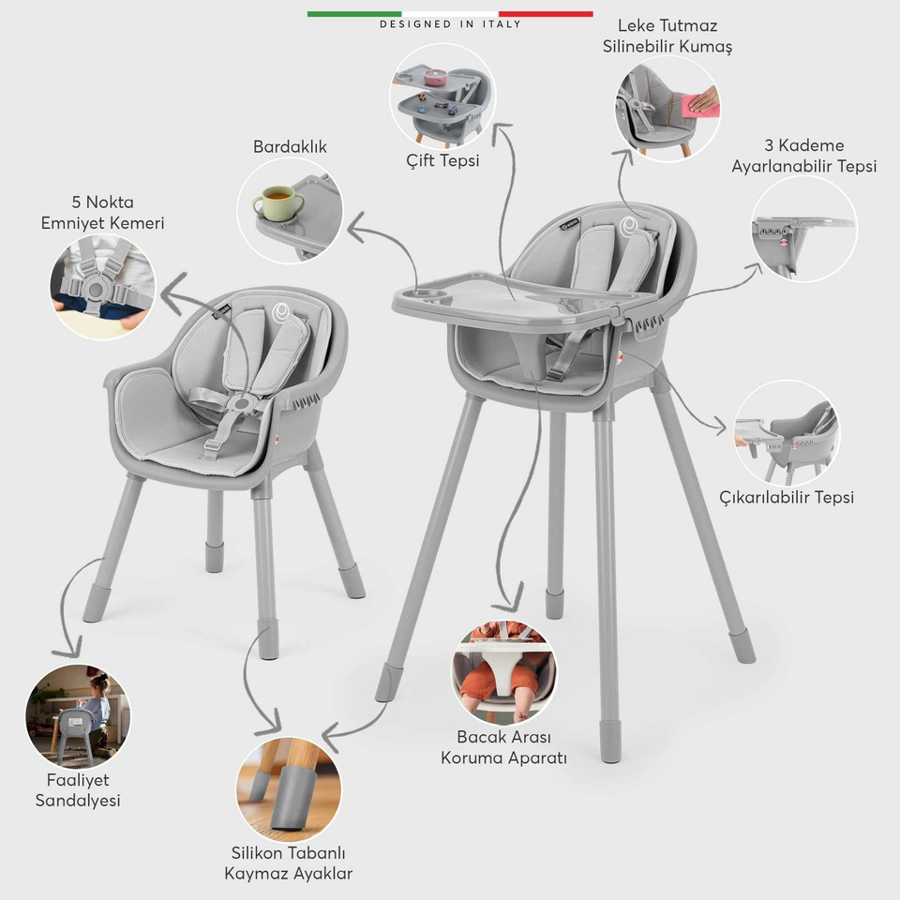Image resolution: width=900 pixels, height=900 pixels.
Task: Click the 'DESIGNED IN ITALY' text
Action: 450,24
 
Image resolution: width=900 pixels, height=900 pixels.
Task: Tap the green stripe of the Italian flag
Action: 354,14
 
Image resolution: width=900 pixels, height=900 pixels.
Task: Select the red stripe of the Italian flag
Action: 546,14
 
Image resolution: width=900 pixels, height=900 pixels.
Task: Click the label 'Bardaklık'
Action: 290,147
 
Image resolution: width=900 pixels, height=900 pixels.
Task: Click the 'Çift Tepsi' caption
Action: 442,160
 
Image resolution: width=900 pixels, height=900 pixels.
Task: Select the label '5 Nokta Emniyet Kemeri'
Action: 103,213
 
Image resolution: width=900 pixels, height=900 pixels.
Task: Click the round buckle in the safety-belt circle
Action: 95,290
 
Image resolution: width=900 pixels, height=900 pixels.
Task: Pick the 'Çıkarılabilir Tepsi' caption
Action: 787,497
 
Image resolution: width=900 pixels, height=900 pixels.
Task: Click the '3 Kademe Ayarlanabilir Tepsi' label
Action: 803,156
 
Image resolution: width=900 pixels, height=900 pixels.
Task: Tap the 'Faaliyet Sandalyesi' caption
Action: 78,790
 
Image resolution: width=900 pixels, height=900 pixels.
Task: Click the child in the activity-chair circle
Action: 97,712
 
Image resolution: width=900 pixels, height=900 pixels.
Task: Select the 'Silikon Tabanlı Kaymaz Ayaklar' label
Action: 288,863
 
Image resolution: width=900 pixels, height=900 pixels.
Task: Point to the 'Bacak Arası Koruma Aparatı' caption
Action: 504,747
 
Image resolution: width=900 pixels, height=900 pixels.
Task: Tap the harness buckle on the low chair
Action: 241,404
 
